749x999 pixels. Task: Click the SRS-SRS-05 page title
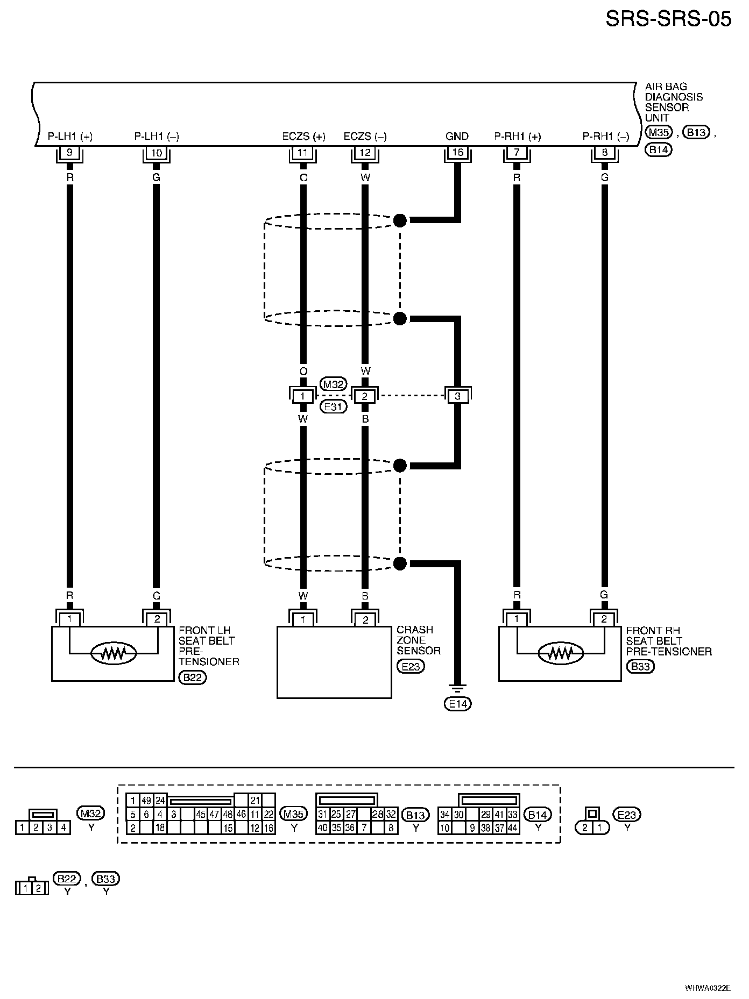(668, 19)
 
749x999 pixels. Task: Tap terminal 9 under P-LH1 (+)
(69, 153)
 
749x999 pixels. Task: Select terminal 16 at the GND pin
(457, 153)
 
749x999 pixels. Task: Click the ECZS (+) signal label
(303, 137)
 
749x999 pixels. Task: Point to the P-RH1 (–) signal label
(605, 137)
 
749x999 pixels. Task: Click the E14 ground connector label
(457, 703)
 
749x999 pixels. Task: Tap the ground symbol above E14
(457, 688)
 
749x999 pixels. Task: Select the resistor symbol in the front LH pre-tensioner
(114, 653)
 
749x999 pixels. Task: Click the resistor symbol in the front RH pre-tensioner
(561, 653)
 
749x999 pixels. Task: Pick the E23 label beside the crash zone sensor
(411, 667)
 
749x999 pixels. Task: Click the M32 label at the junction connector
(333, 384)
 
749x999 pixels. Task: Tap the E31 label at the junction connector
(333, 407)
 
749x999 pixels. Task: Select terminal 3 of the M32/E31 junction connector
(457, 396)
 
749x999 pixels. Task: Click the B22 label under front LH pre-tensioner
(192, 677)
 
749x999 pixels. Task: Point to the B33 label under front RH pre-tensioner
(640, 667)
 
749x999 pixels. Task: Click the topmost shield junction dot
(400, 220)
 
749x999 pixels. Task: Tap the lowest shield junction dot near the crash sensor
(400, 563)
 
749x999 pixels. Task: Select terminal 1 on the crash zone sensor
(303, 620)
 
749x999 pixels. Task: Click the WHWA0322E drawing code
(708, 988)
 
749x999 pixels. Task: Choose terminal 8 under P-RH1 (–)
(604, 153)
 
